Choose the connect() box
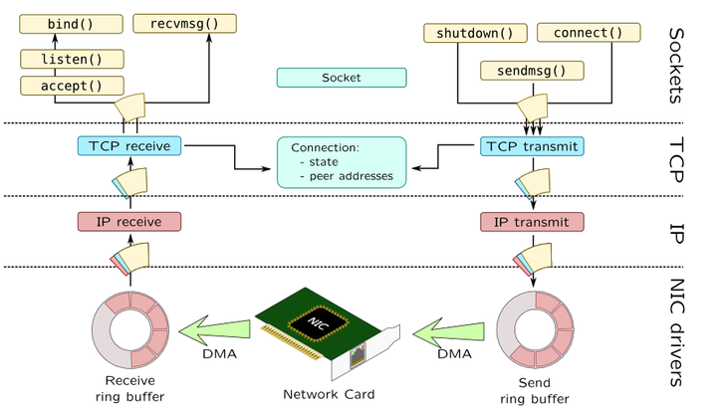[x=587, y=33]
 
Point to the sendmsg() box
[x=531, y=70]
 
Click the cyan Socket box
[x=342, y=77]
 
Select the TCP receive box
[x=129, y=146]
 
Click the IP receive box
[x=129, y=221]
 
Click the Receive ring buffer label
[x=132, y=390]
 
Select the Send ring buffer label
[x=536, y=390]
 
